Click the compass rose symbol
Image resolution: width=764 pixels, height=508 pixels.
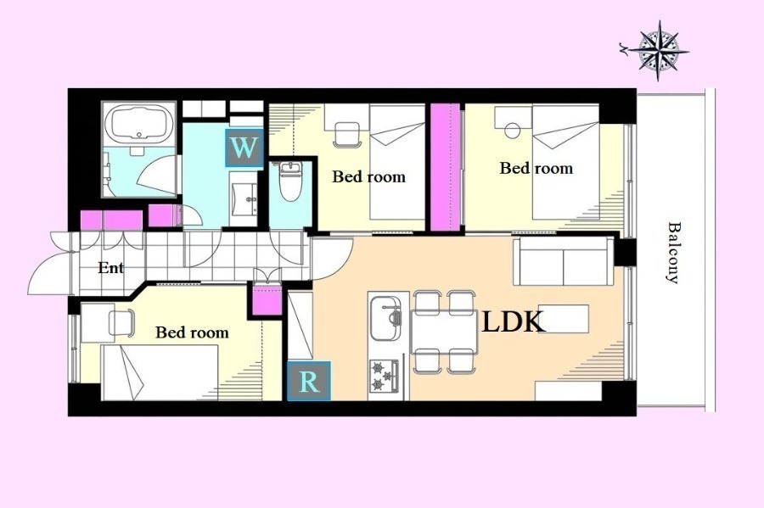coord(658,50)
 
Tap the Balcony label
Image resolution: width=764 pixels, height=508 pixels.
coord(673,253)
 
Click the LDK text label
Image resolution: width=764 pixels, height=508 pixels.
coord(513,322)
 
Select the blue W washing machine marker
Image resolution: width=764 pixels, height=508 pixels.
coord(244,148)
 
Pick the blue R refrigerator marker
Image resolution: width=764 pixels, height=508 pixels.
coord(309,381)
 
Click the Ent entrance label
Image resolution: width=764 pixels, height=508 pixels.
coord(110,268)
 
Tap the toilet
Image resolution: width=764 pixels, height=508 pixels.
coord(290,181)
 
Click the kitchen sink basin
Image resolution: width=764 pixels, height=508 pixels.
coord(386,318)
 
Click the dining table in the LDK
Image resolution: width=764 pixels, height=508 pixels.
coord(443,332)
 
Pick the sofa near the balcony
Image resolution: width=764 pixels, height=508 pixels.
coord(564,261)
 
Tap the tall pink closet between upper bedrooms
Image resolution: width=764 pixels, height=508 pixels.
coord(446,167)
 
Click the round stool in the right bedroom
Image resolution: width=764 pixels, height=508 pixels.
coord(512,131)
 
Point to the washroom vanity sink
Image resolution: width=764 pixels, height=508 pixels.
coord(243,198)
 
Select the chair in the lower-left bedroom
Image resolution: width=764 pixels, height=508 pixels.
coord(121,322)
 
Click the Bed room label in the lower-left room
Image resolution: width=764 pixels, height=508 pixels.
coord(192,332)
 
